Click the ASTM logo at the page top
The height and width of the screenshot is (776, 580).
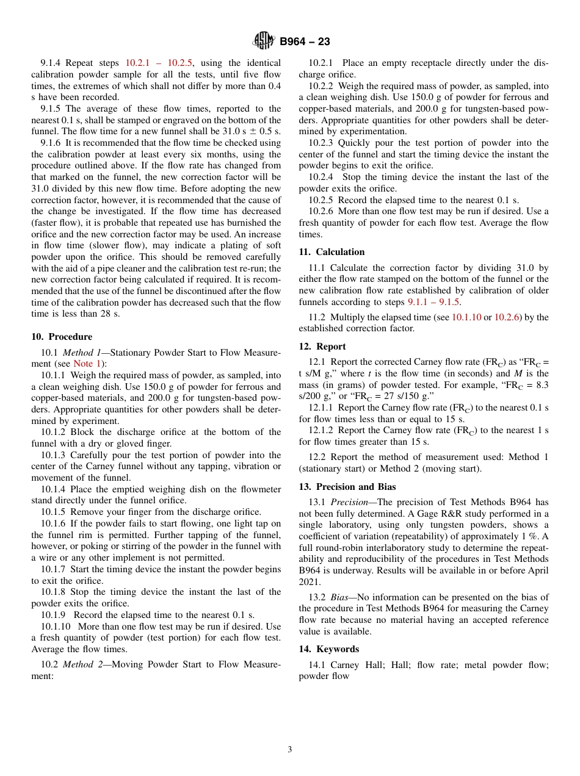(x=264, y=41)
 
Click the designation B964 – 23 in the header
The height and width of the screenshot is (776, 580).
(x=305, y=41)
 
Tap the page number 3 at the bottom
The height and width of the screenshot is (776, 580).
(x=290, y=749)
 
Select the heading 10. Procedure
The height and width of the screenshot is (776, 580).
(x=62, y=337)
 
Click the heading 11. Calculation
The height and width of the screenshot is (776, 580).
(x=332, y=252)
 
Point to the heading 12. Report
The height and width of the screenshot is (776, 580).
(x=322, y=347)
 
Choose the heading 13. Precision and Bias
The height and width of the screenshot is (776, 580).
(x=347, y=487)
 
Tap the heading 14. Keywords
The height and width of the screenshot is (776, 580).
(x=328, y=649)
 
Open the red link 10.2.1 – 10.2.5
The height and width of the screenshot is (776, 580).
(x=159, y=63)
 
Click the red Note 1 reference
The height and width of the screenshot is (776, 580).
(x=87, y=364)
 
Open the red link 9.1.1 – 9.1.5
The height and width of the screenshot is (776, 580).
(x=434, y=302)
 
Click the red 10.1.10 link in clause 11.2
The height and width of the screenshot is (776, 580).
(x=466, y=317)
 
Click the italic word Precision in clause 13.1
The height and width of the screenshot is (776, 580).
(x=350, y=503)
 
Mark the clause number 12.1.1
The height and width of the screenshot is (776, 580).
(x=321, y=408)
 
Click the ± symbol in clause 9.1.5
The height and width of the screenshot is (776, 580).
(x=252, y=131)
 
